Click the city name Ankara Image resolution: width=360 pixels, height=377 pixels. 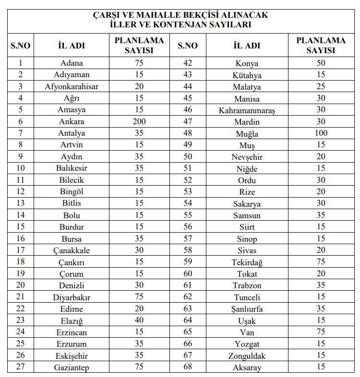[72, 121]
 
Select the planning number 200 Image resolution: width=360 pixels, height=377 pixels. [139, 121]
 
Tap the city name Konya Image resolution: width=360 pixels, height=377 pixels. [247, 63]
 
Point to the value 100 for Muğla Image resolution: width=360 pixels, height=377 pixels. [321, 133]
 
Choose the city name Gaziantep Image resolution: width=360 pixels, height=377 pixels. [72, 367]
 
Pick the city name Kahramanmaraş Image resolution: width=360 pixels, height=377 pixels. [247, 110]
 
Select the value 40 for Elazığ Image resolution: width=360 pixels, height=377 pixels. [139, 320]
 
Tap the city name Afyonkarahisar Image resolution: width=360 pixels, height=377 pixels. [72, 87]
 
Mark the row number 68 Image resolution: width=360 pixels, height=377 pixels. [188, 367]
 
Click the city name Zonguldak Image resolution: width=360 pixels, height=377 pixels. [247, 356]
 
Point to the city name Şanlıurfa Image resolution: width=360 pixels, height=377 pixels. [247, 309]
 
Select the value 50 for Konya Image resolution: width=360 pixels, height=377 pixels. [321, 63]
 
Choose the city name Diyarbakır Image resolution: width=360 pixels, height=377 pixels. [72, 297]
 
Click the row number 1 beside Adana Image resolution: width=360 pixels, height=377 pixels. [20, 63]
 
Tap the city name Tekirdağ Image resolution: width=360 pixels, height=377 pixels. [247, 262]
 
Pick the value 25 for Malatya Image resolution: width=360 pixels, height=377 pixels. [321, 87]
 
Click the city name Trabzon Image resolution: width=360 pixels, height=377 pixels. [247, 285]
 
